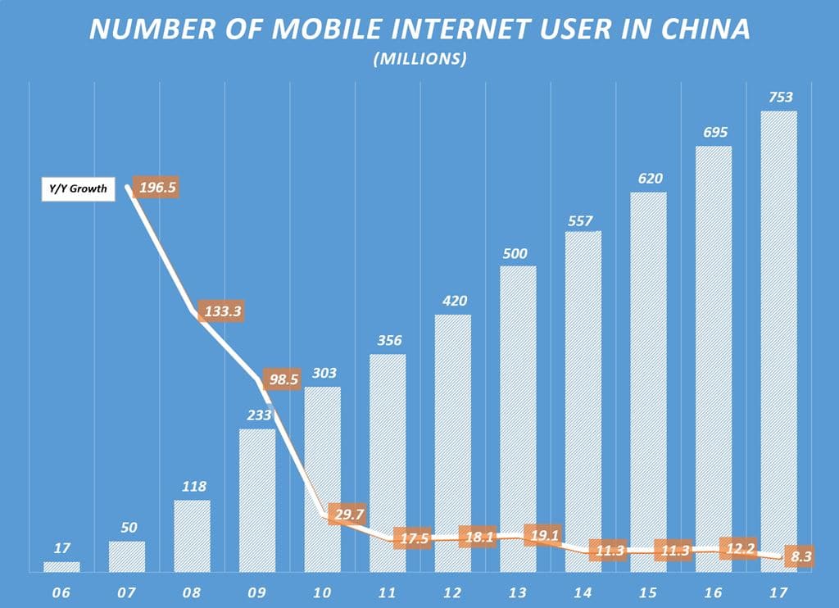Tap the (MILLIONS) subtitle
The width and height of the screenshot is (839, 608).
point(419,59)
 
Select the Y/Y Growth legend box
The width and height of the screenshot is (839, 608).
point(76,188)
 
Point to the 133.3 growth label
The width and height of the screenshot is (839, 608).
point(223,312)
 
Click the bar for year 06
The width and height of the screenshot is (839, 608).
point(61,566)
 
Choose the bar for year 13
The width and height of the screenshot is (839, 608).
point(518,418)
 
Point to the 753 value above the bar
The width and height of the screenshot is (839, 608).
point(779,97)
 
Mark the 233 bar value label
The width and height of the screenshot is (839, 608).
point(256,415)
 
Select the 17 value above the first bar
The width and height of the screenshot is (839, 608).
point(61,547)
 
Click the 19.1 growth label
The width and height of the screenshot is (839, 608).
point(542,536)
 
